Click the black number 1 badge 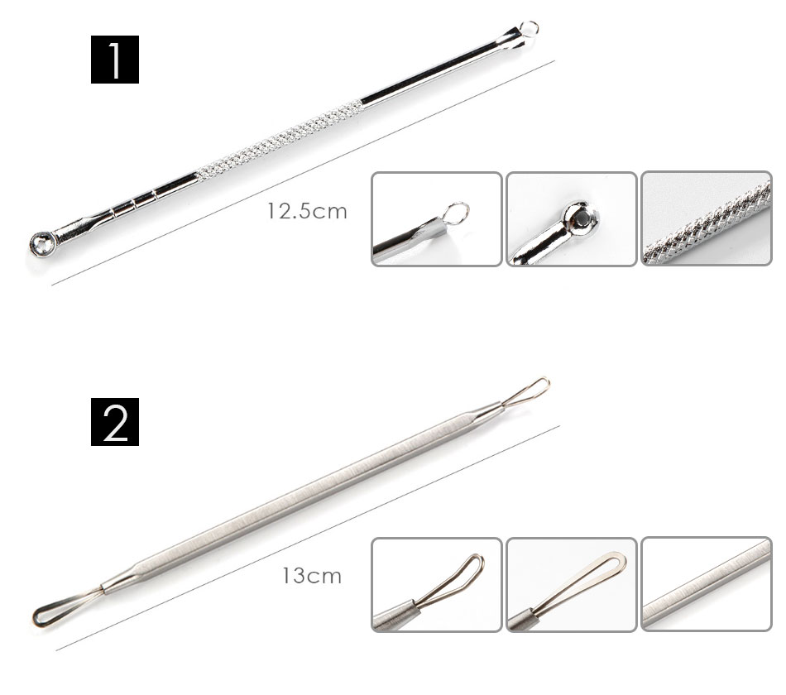[115, 60]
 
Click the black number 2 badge [115, 422]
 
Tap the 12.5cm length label [307, 211]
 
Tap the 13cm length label [312, 576]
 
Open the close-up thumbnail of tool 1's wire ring [437, 219]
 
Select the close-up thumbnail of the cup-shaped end [572, 219]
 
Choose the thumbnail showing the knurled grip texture [707, 218]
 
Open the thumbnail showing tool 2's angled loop [437, 585]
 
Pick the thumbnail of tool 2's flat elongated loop [572, 585]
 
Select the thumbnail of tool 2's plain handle [707, 584]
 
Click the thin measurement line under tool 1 [304, 173]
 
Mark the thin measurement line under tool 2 [308, 539]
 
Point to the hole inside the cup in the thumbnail [582, 217]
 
